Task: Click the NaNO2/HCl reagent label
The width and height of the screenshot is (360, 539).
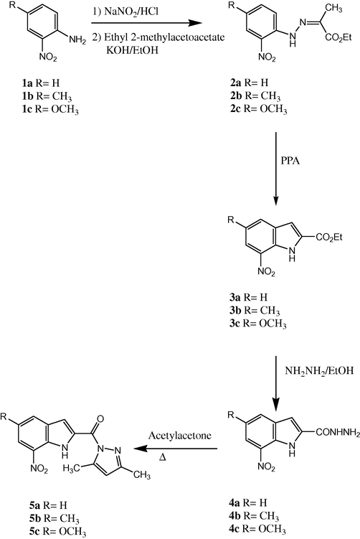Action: (x=131, y=12)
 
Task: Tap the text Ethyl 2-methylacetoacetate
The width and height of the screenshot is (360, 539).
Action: (x=164, y=37)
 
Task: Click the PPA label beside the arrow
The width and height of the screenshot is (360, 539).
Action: (x=290, y=160)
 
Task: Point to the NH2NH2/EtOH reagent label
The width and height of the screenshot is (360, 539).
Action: (x=319, y=370)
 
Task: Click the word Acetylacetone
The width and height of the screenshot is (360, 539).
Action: (x=180, y=435)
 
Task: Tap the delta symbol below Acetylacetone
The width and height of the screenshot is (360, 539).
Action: (x=163, y=457)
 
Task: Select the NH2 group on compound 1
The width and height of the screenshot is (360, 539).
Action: (x=77, y=40)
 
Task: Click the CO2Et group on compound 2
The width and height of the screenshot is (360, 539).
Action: (x=338, y=37)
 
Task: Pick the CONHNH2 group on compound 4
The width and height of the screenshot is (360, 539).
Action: (x=338, y=433)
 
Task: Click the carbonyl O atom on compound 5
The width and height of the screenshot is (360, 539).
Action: (x=100, y=418)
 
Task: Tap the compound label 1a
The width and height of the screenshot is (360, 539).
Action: (x=27, y=83)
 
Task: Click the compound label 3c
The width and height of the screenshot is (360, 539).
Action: (x=235, y=324)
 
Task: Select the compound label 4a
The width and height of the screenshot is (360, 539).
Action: (x=235, y=502)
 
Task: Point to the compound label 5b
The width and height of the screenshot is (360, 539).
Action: (x=35, y=518)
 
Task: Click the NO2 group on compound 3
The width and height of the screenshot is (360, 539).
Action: (x=267, y=273)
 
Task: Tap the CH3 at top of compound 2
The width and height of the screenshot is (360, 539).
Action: (x=333, y=8)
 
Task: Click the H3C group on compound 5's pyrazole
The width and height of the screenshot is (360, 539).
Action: (x=71, y=469)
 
